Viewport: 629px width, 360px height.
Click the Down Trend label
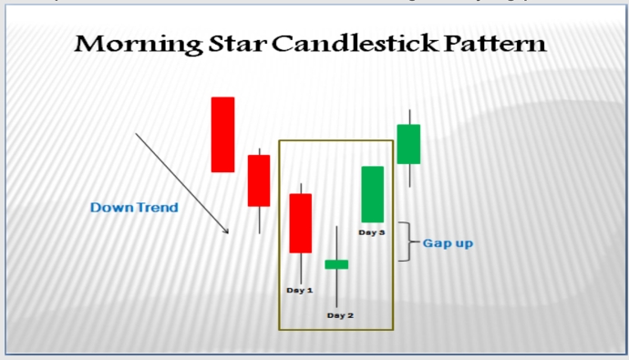tap(134, 208)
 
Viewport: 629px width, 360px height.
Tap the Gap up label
tap(448, 243)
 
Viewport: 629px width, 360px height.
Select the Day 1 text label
tap(300, 290)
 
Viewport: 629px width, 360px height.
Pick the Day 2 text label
tap(339, 315)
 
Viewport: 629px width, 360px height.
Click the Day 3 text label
tap(371, 232)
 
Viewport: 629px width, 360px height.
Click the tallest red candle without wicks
tap(222, 134)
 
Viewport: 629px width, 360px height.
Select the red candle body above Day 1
tap(300, 222)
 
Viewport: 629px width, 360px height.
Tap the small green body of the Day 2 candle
tap(336, 264)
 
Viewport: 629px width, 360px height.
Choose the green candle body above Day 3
tap(372, 194)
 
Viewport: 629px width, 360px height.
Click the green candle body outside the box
tap(408, 144)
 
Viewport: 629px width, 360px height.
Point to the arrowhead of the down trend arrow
tap(226, 231)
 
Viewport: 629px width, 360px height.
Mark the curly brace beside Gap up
tap(409, 242)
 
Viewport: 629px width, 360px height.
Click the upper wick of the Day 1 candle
tap(300, 188)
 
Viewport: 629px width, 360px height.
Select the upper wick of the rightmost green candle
tap(409, 117)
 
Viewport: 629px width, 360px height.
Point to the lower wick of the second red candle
tap(259, 220)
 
